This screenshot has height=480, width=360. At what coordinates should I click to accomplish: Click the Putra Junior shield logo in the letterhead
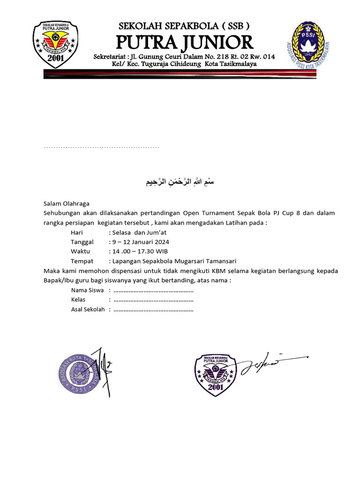coord(55,44)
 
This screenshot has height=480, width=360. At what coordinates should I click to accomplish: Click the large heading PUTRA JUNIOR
coord(184,42)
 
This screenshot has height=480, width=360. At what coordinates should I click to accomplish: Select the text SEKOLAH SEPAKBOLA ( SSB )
coord(184,26)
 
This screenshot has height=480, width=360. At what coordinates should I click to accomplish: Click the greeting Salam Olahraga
coord(66,204)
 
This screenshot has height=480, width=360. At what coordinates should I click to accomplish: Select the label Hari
coord(76,232)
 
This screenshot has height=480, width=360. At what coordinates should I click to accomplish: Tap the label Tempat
coord(82,261)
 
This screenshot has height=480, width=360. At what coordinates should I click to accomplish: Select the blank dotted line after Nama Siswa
coord(153,291)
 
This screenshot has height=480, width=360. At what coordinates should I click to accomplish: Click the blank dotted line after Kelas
coord(153,300)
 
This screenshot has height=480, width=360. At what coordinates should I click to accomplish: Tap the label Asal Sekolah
coord(88,309)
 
